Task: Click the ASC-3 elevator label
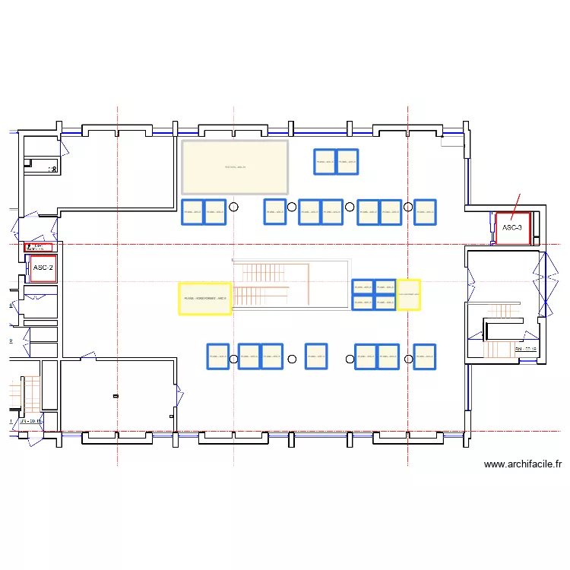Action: point(512,227)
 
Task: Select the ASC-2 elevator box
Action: point(43,268)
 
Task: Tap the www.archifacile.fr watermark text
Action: point(522,464)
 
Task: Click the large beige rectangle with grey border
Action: point(235,167)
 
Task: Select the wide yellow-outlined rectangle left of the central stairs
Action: point(204,298)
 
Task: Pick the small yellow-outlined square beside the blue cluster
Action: point(408,294)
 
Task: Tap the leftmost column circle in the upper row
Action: point(234,207)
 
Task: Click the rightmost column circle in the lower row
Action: point(408,359)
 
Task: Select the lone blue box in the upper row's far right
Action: point(425,212)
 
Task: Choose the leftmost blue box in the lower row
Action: point(218,356)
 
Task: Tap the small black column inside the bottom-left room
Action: point(116,396)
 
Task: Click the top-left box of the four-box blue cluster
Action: point(363,287)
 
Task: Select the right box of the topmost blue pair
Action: point(347,161)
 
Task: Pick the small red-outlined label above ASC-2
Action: point(40,247)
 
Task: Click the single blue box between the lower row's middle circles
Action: point(316,356)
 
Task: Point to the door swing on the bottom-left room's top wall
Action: point(87,355)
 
